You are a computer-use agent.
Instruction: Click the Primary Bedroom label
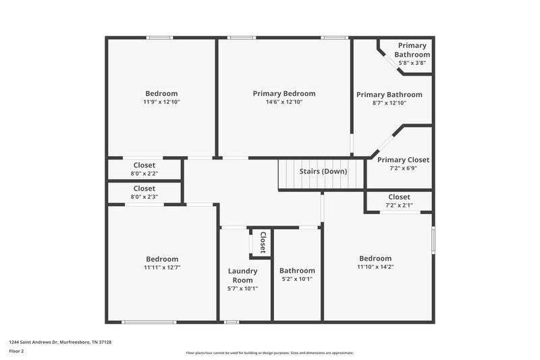coord(283,94)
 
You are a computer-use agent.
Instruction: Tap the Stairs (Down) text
coord(323,172)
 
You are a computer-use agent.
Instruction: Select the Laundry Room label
coord(242,276)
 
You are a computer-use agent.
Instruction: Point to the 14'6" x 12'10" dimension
coord(283,103)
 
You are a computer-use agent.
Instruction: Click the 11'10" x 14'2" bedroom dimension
coord(375,267)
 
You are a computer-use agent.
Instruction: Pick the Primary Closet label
coord(403,160)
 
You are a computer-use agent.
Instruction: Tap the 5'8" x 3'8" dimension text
coord(412,63)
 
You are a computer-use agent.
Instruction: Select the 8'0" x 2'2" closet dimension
coord(144,174)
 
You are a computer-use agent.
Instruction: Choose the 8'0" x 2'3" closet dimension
coord(144,197)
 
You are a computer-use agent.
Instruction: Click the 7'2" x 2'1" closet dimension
coord(399,205)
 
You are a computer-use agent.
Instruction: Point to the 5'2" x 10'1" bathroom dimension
coord(297,279)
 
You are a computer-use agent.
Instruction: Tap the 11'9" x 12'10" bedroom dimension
coord(161,103)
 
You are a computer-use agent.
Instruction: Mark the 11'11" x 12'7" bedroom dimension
coord(162,267)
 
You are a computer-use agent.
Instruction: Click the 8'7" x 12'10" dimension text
coord(389,103)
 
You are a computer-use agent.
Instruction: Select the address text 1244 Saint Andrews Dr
coord(60,342)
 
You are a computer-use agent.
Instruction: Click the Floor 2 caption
coord(17,351)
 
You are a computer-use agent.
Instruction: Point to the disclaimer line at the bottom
coord(270,353)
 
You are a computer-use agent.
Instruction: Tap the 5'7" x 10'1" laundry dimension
coord(242,288)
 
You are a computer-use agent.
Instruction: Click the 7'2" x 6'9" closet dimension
coord(403,169)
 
